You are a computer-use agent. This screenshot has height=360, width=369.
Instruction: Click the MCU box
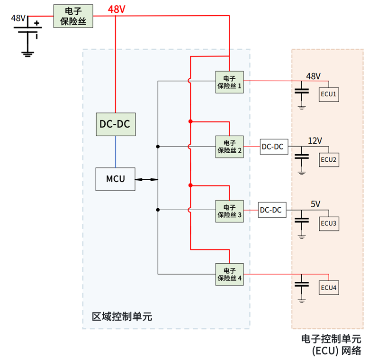tap(115, 179)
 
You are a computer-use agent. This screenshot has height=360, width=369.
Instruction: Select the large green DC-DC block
tap(115, 124)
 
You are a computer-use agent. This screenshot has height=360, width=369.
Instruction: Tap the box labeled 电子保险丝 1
tap(229, 82)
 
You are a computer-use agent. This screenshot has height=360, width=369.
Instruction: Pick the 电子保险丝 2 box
tap(229, 147)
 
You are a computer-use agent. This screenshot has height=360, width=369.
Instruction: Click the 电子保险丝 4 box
tap(229, 274)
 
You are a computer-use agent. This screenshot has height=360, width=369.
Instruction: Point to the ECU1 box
tap(329, 94)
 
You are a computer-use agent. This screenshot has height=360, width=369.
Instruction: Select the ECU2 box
tap(329, 159)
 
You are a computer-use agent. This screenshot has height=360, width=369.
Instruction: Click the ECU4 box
tap(329, 288)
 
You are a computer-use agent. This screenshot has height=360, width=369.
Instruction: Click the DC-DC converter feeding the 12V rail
tap(273, 147)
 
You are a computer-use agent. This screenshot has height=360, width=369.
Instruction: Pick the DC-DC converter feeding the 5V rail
tap(272, 210)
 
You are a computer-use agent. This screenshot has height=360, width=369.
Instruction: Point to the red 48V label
tap(117, 9)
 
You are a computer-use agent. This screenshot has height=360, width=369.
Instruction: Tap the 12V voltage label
tap(315, 141)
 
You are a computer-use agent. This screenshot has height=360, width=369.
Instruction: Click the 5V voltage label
tap(315, 204)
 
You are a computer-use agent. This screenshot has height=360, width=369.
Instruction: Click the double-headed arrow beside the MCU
tap(146, 179)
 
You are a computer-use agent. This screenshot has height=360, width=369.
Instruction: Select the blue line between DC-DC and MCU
tap(115, 152)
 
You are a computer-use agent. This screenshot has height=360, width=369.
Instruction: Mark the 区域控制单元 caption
tap(122, 316)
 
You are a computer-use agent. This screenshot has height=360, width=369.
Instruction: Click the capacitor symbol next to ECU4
tap(302, 285)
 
